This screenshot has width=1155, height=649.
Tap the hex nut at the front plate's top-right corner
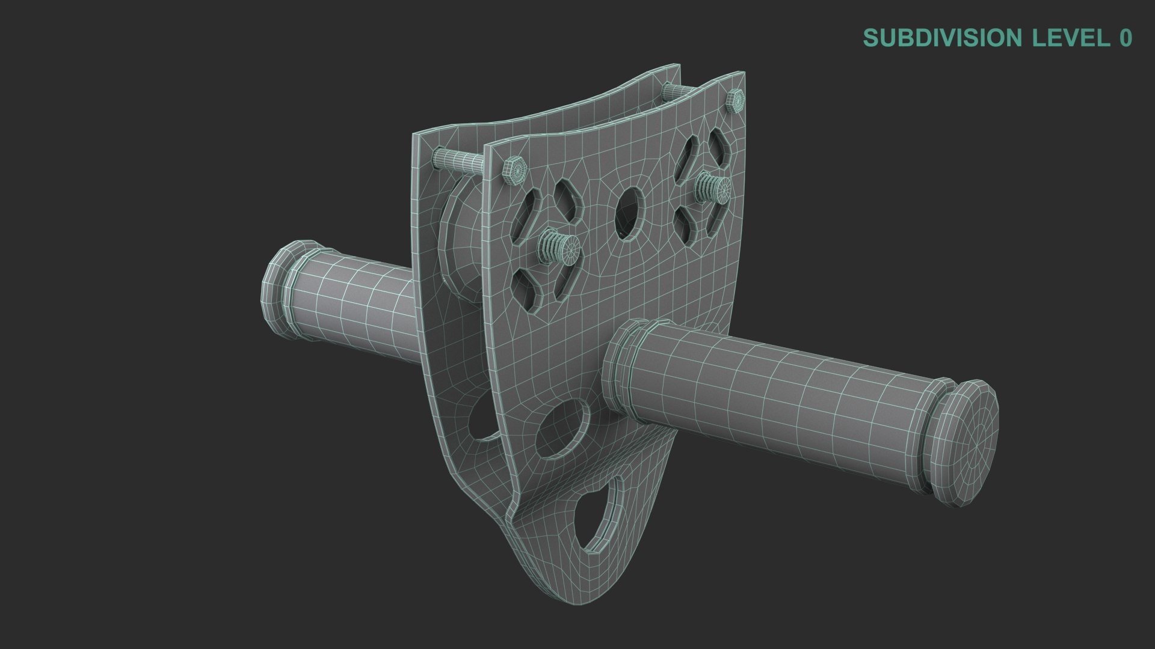pos(736,100)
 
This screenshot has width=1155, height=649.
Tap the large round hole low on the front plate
pos(562,430)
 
